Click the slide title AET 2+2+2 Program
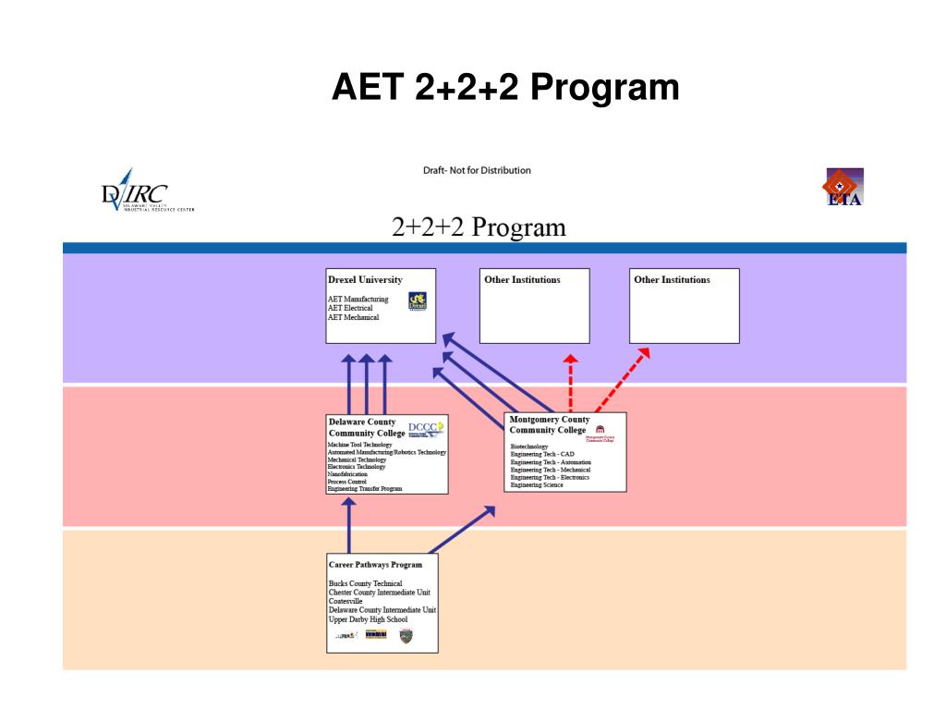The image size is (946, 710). pyautogui.click(x=505, y=88)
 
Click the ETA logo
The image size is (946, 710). pyautogui.click(x=843, y=187)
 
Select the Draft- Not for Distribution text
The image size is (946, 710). pyautogui.click(x=477, y=170)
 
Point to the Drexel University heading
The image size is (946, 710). pyautogui.click(x=365, y=280)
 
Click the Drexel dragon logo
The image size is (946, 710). pyautogui.click(x=418, y=301)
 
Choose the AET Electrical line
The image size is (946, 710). pyautogui.click(x=350, y=308)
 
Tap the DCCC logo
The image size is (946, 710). pyautogui.click(x=426, y=428)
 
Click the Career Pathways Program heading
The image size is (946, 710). pyautogui.click(x=375, y=564)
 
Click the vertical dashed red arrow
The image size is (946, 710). pyautogui.click(x=571, y=384)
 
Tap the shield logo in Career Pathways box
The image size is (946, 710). pyautogui.click(x=406, y=636)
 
